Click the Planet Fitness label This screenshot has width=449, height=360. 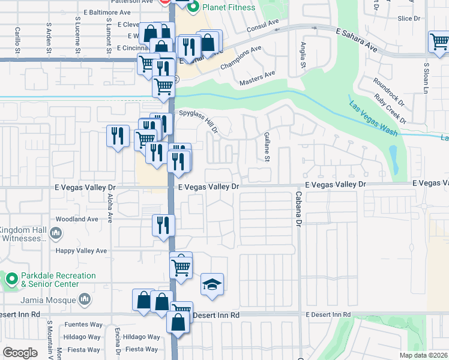229,7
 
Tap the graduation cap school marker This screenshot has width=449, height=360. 212,284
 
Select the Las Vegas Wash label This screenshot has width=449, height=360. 373,117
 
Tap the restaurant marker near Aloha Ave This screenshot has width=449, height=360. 118,136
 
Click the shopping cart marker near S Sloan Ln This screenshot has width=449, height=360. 439,42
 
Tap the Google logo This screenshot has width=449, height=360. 20,352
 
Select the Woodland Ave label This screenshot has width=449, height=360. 76,220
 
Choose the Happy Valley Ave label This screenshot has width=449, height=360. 81,251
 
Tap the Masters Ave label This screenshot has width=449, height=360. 257,77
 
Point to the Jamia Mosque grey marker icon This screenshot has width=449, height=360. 85,299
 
